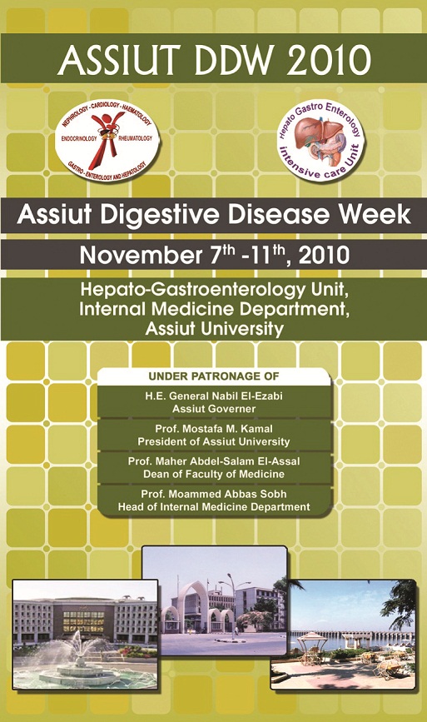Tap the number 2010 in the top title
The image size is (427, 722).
(329, 60)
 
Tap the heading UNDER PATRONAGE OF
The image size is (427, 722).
(213, 376)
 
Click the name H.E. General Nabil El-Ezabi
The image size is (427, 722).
(213, 396)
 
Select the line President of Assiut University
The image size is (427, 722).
(213, 441)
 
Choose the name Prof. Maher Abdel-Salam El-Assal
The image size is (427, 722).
(213, 461)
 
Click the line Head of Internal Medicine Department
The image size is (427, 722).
(213, 507)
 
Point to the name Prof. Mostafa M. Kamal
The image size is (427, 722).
(213, 429)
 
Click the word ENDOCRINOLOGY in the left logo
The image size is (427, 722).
(79, 138)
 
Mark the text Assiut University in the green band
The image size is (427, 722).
(214, 329)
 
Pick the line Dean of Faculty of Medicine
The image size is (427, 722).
(213, 475)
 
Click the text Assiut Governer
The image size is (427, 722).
(213, 409)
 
